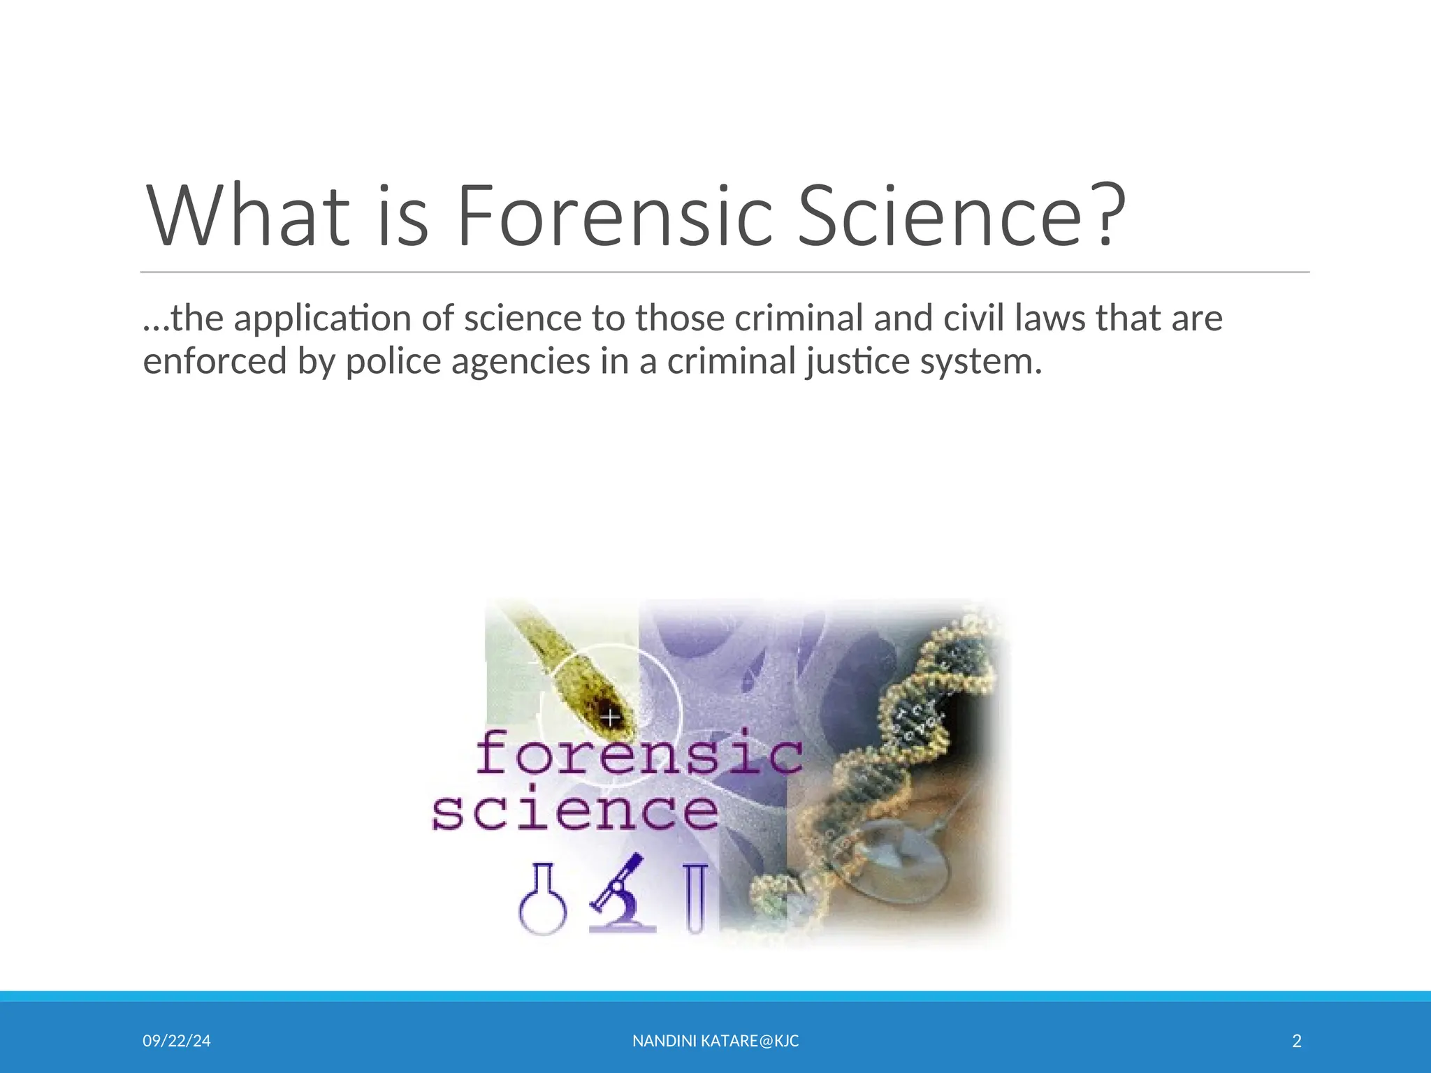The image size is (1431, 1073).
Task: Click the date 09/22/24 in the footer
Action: pos(177,1041)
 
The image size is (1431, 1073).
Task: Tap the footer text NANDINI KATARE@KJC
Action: pos(715,1041)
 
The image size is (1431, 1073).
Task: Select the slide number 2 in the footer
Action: pos(1297,1041)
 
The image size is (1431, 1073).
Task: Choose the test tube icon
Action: pos(695,898)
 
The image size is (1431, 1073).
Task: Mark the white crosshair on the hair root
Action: pos(611,717)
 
